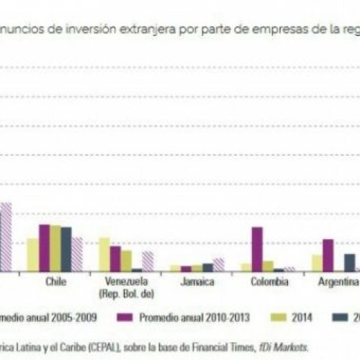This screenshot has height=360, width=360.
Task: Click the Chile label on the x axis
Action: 55,282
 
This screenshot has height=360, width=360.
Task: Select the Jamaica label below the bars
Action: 197,282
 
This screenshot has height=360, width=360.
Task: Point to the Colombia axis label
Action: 268,282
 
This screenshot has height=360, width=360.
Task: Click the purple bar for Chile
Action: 44,248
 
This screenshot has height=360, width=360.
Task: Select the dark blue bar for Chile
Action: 66,249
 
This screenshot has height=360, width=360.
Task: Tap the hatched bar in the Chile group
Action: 77,254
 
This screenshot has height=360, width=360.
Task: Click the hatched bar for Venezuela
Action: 148,261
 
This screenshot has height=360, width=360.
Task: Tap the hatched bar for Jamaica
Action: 218,265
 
